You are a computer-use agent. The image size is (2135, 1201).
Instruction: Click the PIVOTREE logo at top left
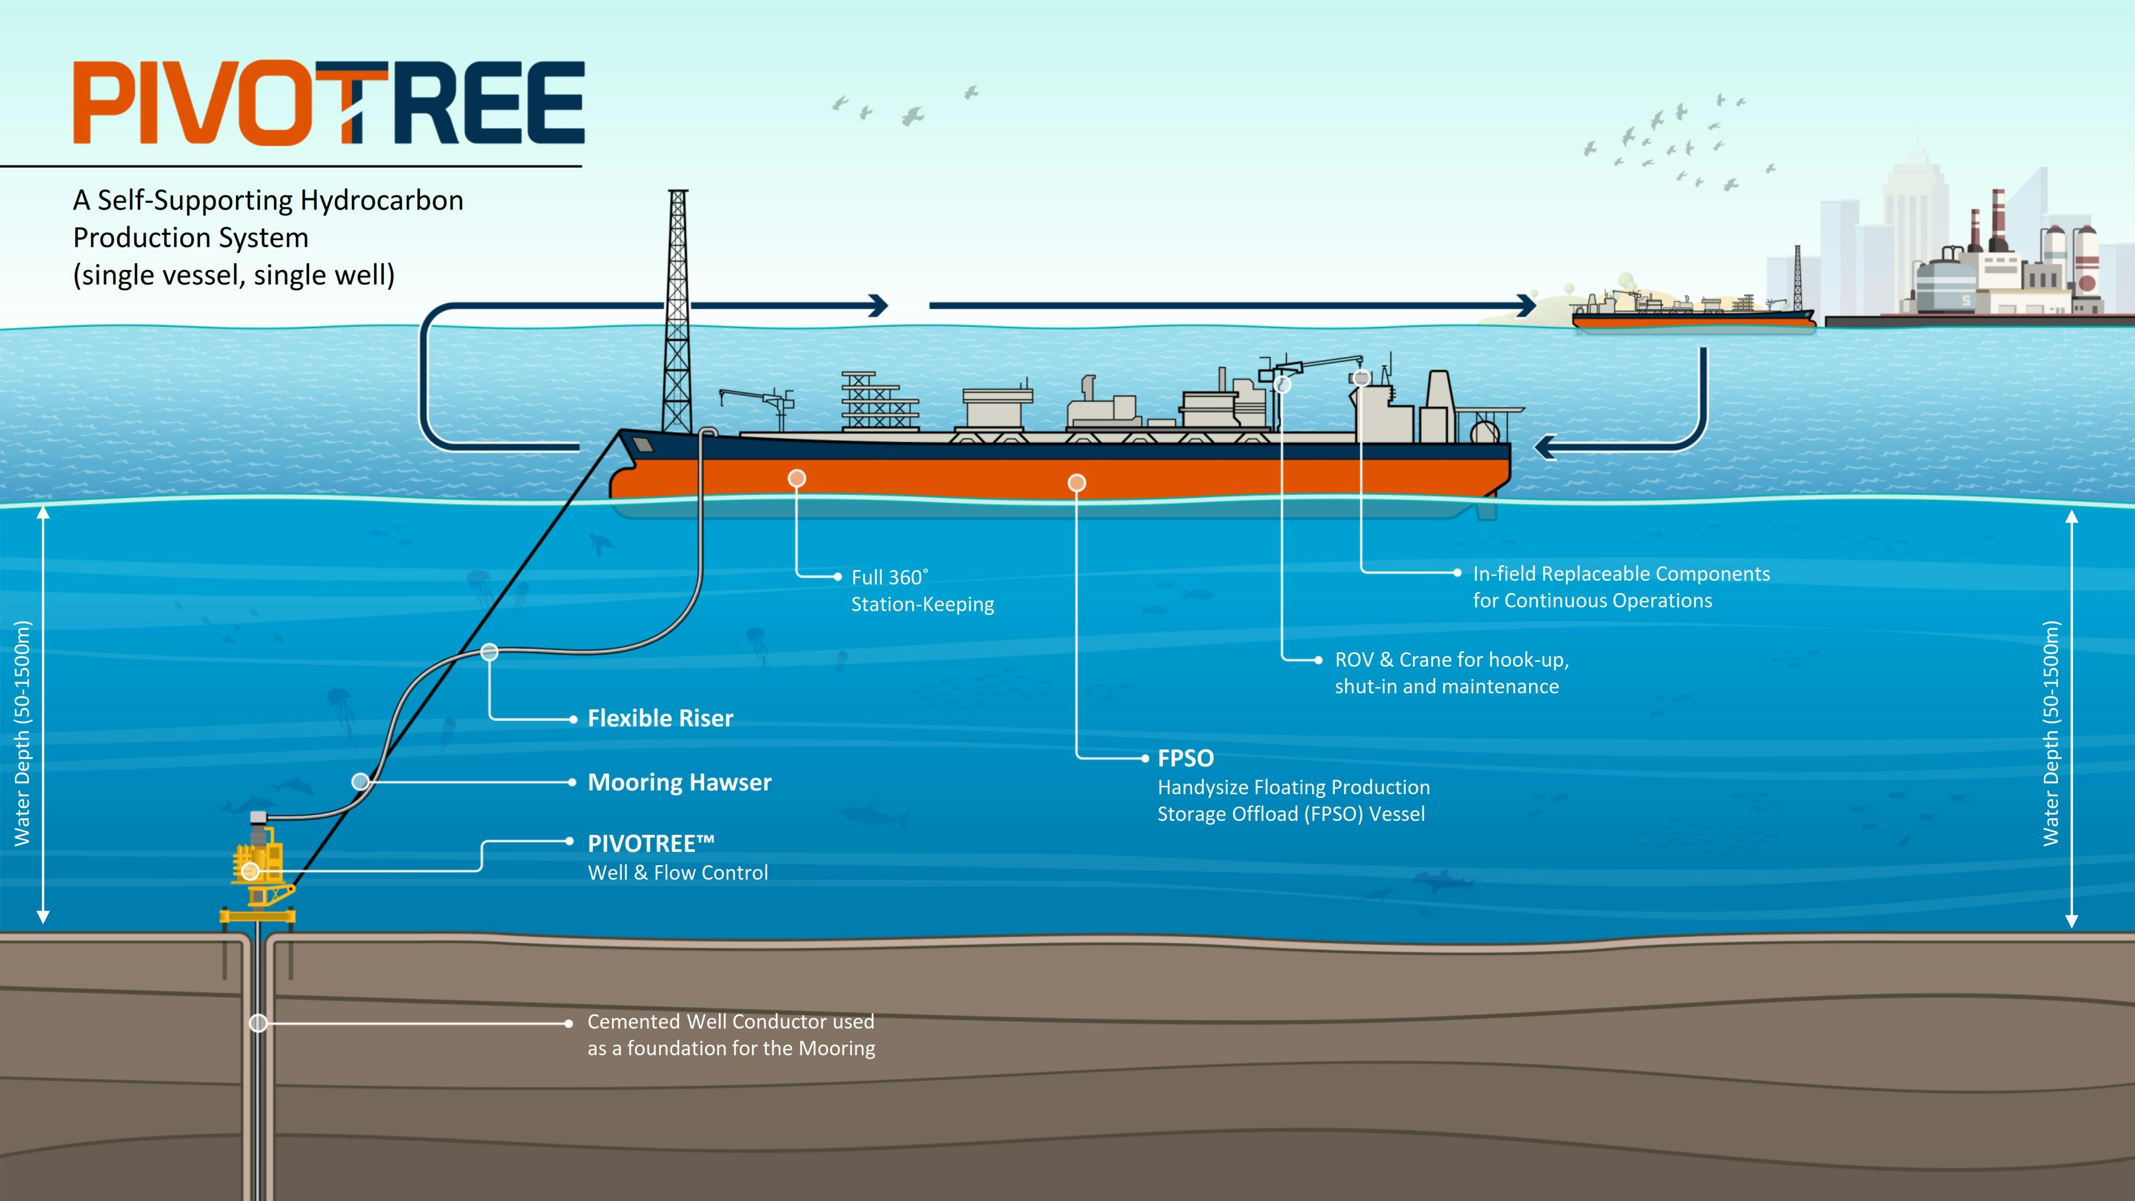click(x=329, y=103)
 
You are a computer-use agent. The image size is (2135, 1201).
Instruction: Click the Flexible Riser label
click(x=660, y=718)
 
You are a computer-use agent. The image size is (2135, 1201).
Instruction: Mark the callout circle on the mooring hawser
click(x=360, y=781)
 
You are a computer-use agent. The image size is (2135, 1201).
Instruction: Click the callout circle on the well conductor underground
click(x=258, y=1023)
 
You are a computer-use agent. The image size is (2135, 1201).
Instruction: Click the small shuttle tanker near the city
click(x=1691, y=313)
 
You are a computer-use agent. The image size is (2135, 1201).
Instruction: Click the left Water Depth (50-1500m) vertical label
click(x=22, y=733)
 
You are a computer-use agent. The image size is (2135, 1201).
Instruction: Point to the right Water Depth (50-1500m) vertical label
click(x=2051, y=733)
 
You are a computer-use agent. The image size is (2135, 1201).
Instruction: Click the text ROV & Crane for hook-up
click(x=1450, y=660)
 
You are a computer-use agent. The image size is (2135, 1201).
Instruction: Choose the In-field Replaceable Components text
click(x=1620, y=574)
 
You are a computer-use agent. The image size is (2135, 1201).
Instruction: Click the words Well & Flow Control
click(x=677, y=872)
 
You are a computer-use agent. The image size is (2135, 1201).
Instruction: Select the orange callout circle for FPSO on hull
click(x=1077, y=483)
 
